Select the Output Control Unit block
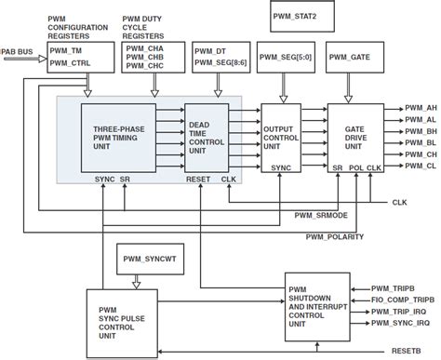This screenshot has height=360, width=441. (285, 134)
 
